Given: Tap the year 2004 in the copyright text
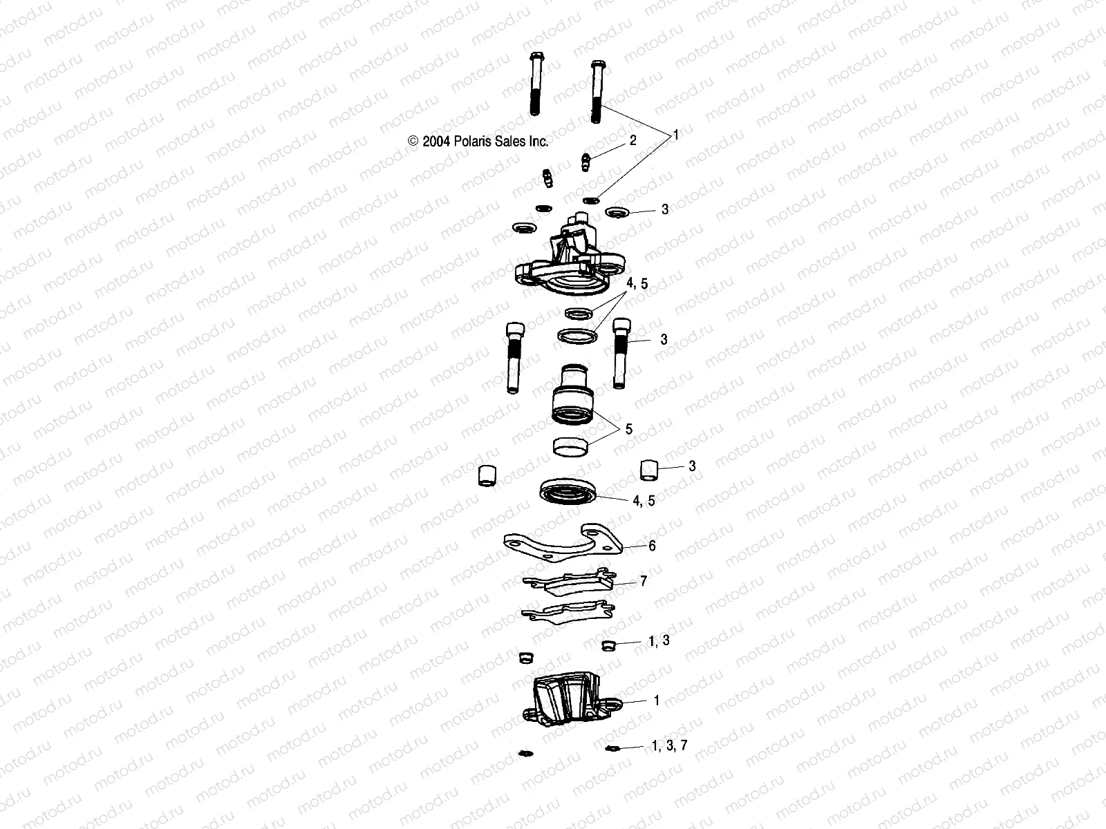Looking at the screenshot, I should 436,142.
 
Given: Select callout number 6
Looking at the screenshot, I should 651,545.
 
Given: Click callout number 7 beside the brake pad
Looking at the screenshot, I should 644,582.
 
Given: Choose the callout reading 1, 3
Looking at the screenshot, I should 659,641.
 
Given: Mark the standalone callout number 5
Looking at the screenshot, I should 629,429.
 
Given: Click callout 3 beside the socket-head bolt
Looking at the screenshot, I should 664,339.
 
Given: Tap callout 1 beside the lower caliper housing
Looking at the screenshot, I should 657,701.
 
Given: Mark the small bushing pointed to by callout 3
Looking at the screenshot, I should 648,470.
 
